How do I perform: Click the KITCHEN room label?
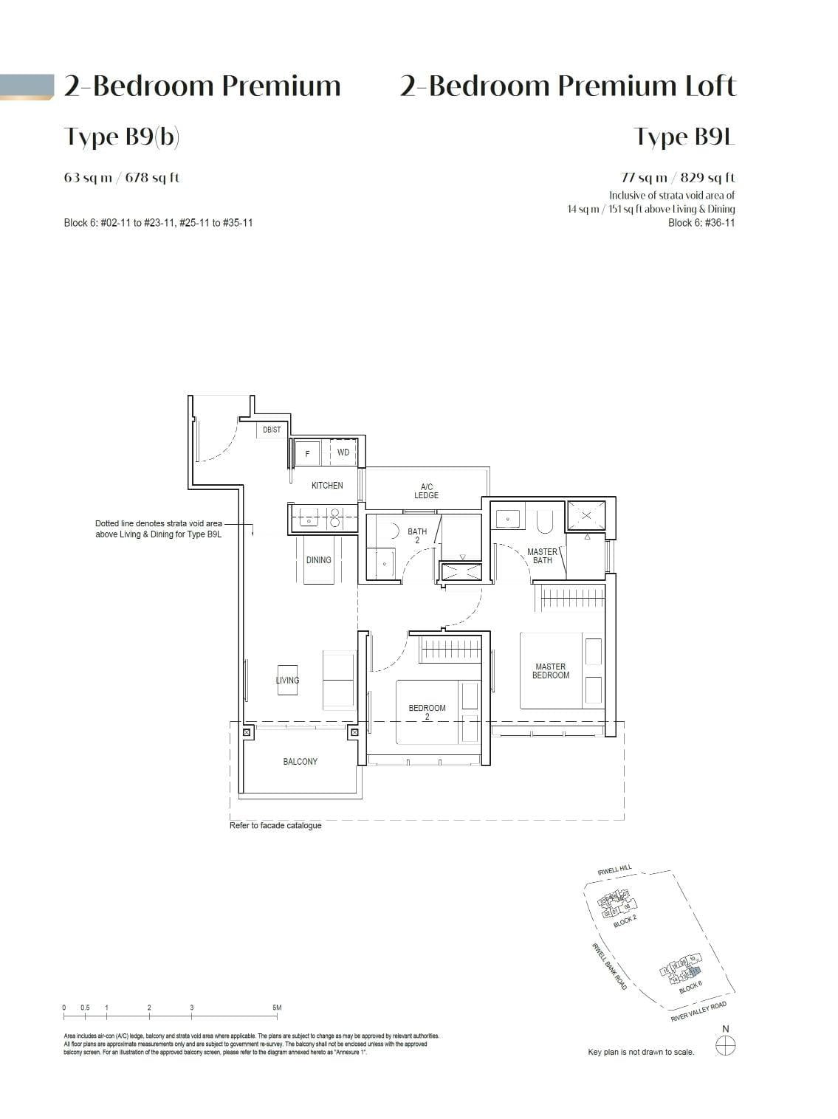click(327, 486)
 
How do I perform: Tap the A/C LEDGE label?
click(426, 492)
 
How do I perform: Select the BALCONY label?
click(300, 762)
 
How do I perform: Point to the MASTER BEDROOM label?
click(551, 671)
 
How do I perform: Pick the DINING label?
click(319, 560)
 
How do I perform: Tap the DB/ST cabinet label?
click(272, 430)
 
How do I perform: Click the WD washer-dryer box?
click(343, 452)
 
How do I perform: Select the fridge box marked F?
click(307, 453)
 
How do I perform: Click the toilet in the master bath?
click(544, 521)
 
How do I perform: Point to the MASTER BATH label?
click(543, 556)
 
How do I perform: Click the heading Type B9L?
click(684, 137)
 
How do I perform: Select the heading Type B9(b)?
click(122, 137)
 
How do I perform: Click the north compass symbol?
click(726, 1044)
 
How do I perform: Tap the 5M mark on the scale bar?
click(277, 1008)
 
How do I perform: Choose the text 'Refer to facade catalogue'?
click(275, 825)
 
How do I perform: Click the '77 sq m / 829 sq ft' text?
click(678, 178)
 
